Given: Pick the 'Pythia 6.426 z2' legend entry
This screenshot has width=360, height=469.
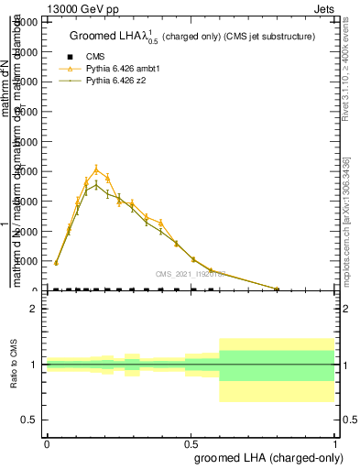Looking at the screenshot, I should pyautogui.click(x=115, y=81).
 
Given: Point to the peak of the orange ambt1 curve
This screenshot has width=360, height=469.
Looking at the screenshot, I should pyautogui.click(x=96, y=169).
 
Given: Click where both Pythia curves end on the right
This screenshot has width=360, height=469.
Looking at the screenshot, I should pyautogui.click(x=277, y=289).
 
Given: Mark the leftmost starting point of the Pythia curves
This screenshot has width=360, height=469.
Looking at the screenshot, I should pyautogui.click(x=56, y=263).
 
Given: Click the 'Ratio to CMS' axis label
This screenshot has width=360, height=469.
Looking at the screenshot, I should pyautogui.click(x=14, y=364).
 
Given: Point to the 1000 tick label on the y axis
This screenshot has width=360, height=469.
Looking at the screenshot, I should pyautogui.click(x=27, y=261).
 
